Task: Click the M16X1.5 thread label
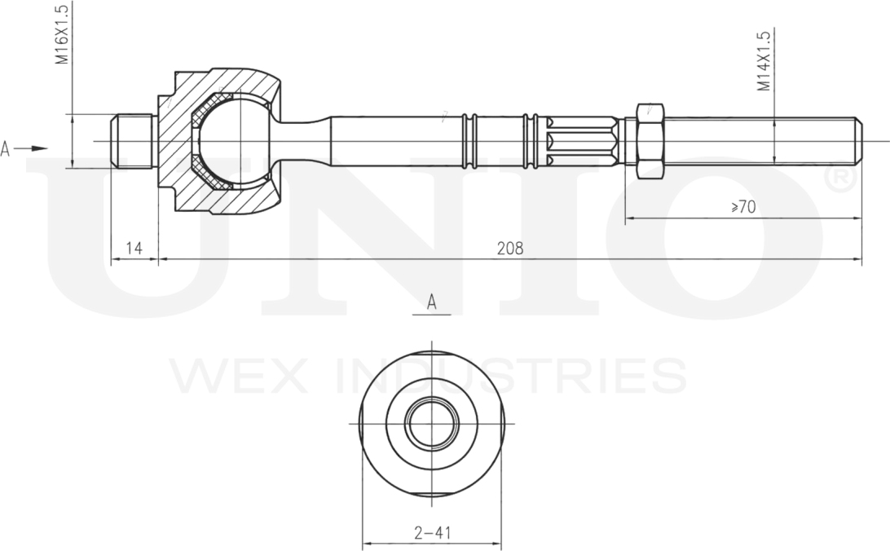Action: click(x=62, y=34)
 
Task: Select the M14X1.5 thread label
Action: click(x=764, y=61)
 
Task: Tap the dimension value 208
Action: click(x=510, y=249)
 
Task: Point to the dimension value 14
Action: click(x=134, y=248)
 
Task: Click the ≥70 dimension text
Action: click(x=743, y=207)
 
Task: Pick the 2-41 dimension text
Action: click(x=433, y=533)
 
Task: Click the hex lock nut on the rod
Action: click(x=650, y=141)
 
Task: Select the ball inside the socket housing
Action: click(x=235, y=141)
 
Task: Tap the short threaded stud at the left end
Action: click(x=134, y=141)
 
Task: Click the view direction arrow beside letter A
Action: click(x=31, y=148)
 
